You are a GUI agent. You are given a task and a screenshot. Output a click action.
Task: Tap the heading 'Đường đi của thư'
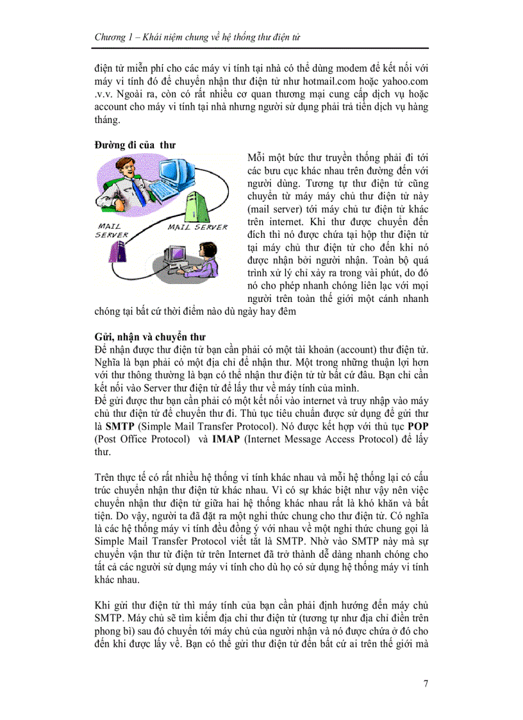point(134,145)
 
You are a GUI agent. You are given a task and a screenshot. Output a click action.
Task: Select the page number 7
point(426,683)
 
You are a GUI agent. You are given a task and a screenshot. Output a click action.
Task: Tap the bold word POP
point(418,427)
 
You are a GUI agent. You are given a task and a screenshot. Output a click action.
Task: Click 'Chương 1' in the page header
point(113,38)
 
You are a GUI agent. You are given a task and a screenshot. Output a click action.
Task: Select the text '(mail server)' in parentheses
point(274,210)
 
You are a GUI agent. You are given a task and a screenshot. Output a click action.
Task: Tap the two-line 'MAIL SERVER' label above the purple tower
point(111,230)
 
